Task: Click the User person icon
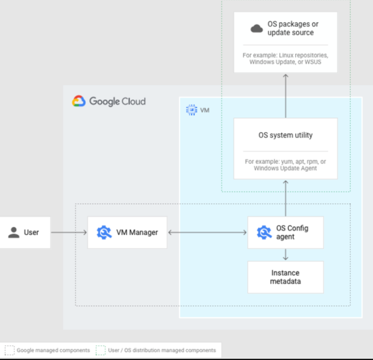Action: point(14,232)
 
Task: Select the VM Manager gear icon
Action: point(104,232)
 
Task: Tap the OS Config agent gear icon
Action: point(264,232)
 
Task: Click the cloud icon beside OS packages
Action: point(256,29)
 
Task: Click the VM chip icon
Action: point(192,110)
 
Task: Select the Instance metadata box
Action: point(286,277)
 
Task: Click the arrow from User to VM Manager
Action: point(68,232)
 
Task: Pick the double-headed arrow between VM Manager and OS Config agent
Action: point(207,232)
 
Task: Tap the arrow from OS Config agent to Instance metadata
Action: point(286,255)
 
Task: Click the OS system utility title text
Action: point(286,135)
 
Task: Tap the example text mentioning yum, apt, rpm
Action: point(286,164)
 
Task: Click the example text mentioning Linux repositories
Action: point(286,59)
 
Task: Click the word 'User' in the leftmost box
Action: point(31,232)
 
